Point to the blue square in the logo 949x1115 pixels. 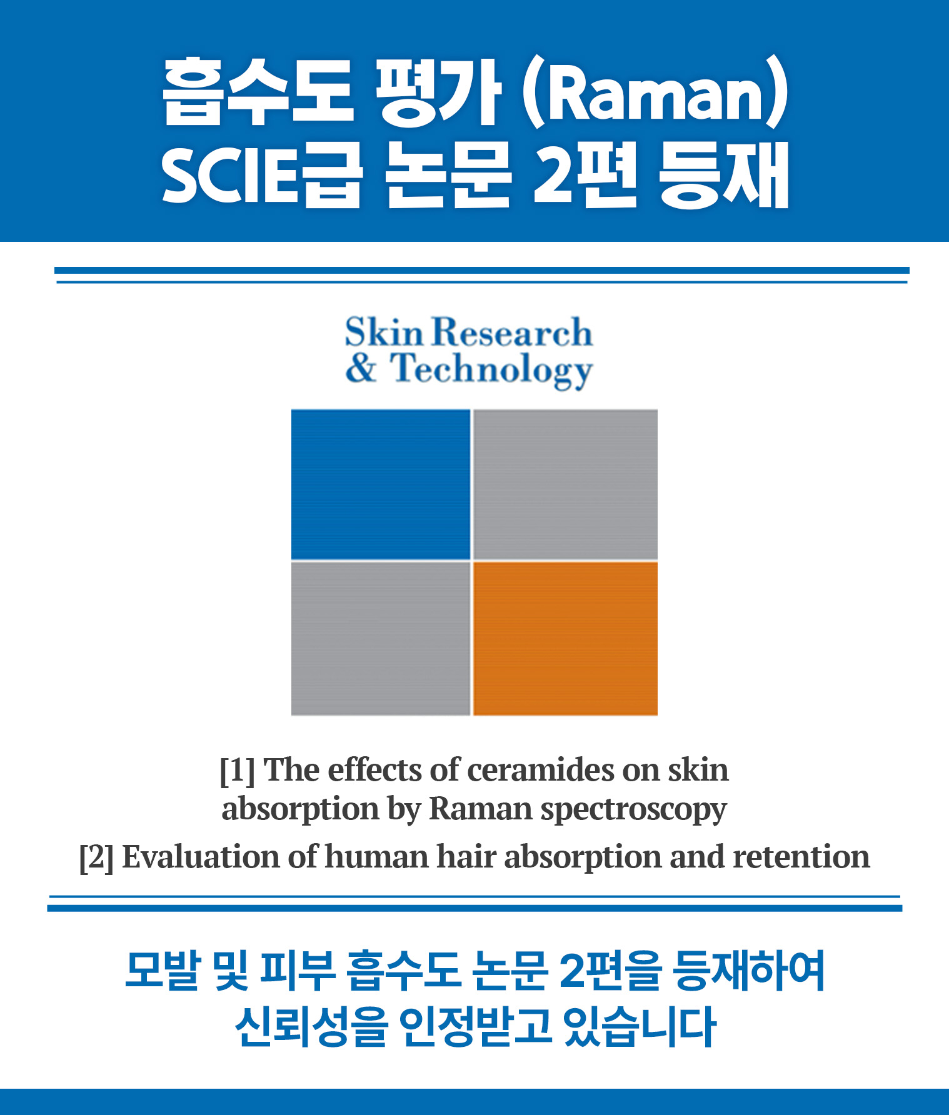pyautogui.click(x=381, y=484)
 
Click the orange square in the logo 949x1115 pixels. pyautogui.click(x=565, y=638)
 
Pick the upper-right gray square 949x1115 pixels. pyautogui.click(x=565, y=484)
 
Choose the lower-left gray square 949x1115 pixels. pyautogui.click(x=381, y=638)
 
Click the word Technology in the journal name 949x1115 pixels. pyautogui.click(x=491, y=370)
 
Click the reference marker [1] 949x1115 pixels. pyautogui.click(x=237, y=771)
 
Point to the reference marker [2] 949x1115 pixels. pyautogui.click(x=96, y=857)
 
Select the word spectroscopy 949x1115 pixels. pyautogui.click(x=633, y=810)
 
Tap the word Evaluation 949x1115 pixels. pyautogui.click(x=201, y=857)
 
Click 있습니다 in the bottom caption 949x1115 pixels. pyautogui.click(x=639, y=1026)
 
